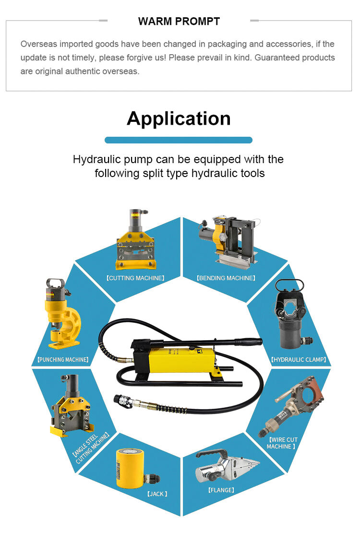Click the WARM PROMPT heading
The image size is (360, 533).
[x=179, y=22]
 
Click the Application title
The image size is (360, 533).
[x=179, y=118]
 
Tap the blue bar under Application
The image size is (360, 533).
[x=179, y=140]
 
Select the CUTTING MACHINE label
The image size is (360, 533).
[x=135, y=278]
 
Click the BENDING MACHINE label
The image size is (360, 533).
[x=226, y=278]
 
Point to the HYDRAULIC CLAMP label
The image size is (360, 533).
[x=299, y=360]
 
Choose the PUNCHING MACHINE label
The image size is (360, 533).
[x=63, y=360]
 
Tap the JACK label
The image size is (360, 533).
[x=157, y=494]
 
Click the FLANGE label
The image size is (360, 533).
[x=221, y=490]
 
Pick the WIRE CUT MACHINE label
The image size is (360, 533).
[x=282, y=443]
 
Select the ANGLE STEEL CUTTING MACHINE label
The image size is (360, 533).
[x=91, y=449]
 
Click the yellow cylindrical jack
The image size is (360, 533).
[x=133, y=468]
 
